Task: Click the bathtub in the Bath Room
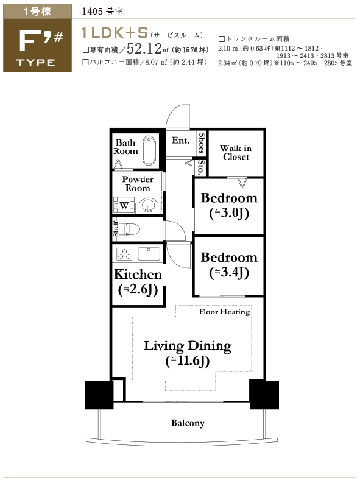150,151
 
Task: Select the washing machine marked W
124,205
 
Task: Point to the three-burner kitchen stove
124,254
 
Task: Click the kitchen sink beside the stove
149,254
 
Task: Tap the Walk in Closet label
236,152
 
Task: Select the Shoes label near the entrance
202,143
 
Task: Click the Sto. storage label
201,167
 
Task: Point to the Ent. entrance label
181,141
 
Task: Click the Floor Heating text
224,312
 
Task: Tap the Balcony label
188,423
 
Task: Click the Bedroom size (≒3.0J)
229,214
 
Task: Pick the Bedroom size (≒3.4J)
229,273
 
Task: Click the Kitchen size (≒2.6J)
138,290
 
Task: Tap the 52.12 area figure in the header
144,48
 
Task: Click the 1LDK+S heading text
115,33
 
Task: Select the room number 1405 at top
92,12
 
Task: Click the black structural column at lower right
264,395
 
